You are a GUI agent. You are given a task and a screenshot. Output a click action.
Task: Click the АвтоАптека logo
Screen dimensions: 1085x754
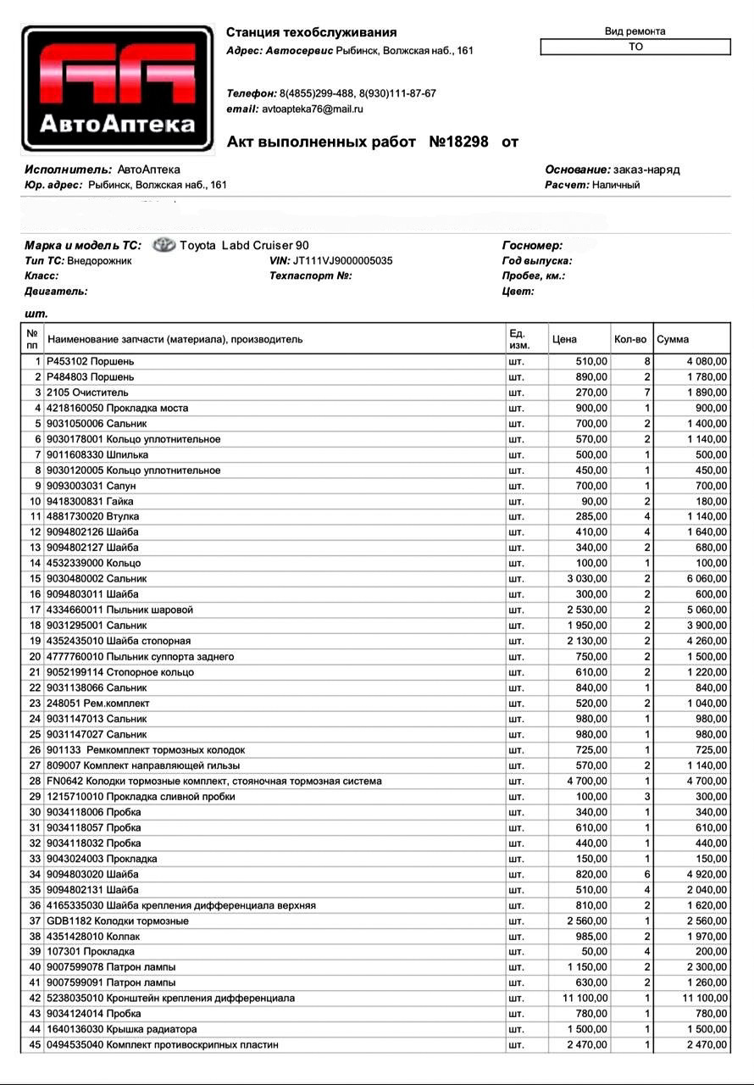coord(118,88)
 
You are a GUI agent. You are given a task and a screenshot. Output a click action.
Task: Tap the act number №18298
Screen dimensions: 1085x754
coord(458,142)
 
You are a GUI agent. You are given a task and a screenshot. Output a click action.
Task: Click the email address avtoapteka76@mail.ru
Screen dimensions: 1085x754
coord(313,109)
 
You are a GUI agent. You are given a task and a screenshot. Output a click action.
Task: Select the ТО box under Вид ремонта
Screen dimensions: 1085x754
coord(635,47)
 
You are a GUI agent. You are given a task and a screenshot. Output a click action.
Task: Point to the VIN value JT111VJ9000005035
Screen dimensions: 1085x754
coord(342,261)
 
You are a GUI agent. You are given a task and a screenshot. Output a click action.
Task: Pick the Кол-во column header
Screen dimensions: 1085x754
coord(629,339)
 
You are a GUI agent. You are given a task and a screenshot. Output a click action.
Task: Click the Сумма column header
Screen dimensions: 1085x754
coord(673,339)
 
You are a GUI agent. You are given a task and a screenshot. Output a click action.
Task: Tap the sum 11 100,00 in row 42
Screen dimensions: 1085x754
coord(704,999)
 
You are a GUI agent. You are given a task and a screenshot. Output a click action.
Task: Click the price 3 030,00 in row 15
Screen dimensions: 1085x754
coord(587,579)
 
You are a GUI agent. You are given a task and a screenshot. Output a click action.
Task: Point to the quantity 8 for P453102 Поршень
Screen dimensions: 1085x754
coord(646,362)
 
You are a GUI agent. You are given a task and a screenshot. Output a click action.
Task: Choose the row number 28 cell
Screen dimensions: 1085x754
coord(35,782)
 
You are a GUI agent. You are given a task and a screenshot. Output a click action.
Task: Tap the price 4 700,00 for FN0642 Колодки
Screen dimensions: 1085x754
coord(587,782)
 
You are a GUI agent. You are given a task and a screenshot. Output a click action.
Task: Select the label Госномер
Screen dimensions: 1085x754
coord(532,246)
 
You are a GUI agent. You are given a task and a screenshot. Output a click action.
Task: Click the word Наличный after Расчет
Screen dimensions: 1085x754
coord(616,185)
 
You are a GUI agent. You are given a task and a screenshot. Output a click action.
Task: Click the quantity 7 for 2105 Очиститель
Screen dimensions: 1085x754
coord(646,392)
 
